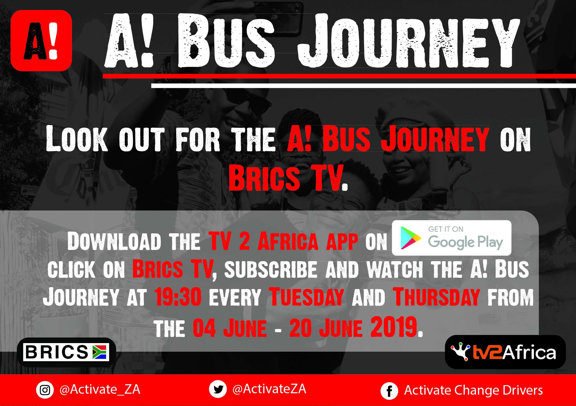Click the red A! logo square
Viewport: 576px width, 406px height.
tap(41, 41)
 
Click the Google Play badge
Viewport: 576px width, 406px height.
tap(452, 238)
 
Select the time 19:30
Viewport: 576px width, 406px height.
tap(178, 297)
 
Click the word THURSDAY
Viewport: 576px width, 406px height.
tap(436, 297)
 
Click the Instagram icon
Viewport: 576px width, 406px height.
tap(45, 390)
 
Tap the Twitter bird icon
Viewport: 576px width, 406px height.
tap(218, 389)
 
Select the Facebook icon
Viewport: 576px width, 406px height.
tap(389, 391)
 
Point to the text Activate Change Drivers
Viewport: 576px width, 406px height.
tap(473, 390)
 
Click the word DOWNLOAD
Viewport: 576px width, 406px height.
tap(114, 241)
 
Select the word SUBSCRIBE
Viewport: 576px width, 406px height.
tap(271, 269)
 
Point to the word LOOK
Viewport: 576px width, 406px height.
tap(77, 138)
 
